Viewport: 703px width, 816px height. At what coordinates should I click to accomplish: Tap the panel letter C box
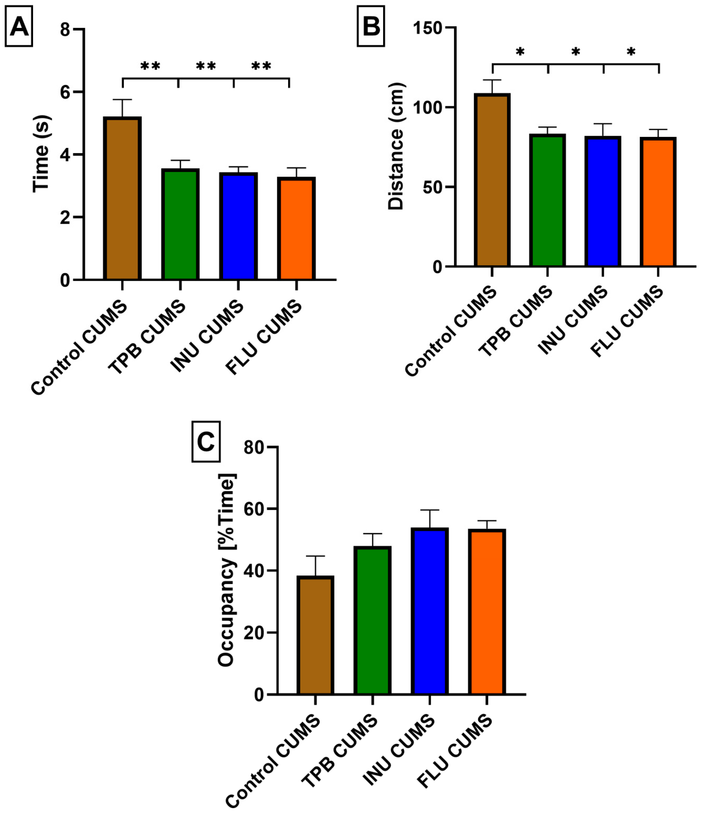[206, 441]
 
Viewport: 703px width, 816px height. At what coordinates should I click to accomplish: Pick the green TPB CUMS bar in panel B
[547, 201]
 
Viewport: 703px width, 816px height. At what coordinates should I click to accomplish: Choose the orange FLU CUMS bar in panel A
[296, 229]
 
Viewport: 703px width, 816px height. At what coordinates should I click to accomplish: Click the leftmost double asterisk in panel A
[150, 66]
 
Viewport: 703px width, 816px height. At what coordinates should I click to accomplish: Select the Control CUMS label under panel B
[451, 331]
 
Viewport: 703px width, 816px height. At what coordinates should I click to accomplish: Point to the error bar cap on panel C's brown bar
[315, 556]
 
